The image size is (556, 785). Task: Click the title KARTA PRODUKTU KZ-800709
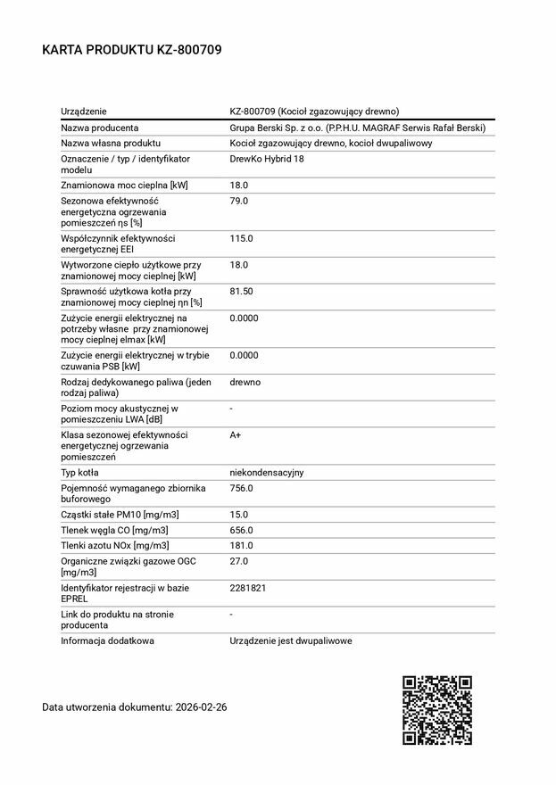[131, 50]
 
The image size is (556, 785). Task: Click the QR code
[436, 710]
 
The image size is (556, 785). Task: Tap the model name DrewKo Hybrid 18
[267, 158]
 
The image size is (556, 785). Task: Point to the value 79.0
[238, 201]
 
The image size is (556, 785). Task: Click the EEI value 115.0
[241, 238]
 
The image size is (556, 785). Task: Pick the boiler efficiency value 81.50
[241, 292]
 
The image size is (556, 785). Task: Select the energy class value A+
[236, 434]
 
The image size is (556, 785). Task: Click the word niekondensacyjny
[267, 472]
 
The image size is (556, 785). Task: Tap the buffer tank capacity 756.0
[241, 488]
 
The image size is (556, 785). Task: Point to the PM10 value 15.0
[238, 515]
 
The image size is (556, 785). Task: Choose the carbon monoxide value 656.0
[241, 530]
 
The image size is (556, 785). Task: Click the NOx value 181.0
[241, 545]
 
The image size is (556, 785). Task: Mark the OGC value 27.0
[238, 561]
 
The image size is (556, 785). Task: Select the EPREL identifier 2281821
[248, 588]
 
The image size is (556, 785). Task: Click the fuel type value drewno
[245, 382]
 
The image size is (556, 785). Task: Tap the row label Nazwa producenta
[99, 128]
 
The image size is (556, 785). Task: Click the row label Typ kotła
[79, 472]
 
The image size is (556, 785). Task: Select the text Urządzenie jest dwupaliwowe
[290, 640]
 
